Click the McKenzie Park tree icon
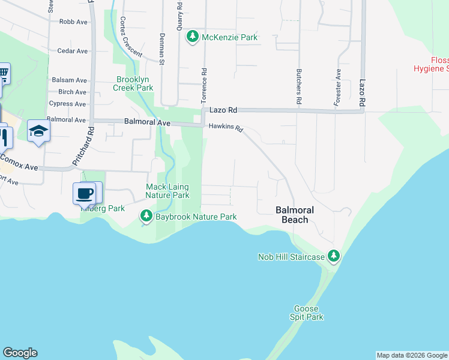pyautogui.click(x=192, y=37)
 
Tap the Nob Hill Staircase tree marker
pyautogui.click(x=334, y=257)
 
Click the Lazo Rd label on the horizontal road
pyautogui.click(x=223, y=110)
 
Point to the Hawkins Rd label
pyautogui.click(x=226, y=128)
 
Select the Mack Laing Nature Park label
pyautogui.click(x=167, y=191)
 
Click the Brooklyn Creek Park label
pyautogui.click(x=135, y=83)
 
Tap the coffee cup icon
pyautogui.click(x=85, y=193)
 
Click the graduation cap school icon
pyautogui.click(x=38, y=131)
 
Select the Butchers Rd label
pyautogui.click(x=298, y=88)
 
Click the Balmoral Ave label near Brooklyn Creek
pyautogui.click(x=147, y=121)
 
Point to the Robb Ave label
pyautogui.click(x=73, y=22)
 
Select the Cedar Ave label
pyautogui.click(x=73, y=51)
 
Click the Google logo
pyautogui.click(x=20, y=353)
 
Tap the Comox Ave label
pyautogui.click(x=18, y=161)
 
